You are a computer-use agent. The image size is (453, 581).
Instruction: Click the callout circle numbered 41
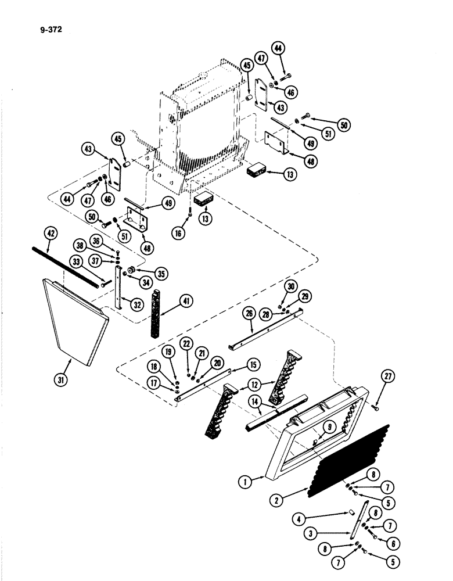point(186,300)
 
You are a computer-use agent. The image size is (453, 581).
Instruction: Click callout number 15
point(253,364)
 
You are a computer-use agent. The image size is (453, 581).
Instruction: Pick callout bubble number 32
point(137,303)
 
